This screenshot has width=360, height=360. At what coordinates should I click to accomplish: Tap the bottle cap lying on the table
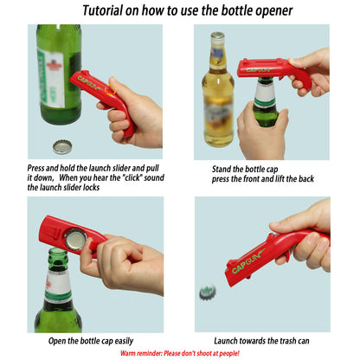[x=61, y=146]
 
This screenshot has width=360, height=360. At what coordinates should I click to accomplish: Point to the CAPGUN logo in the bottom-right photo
[x=249, y=260]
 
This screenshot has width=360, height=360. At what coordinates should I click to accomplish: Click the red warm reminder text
[x=180, y=353]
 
